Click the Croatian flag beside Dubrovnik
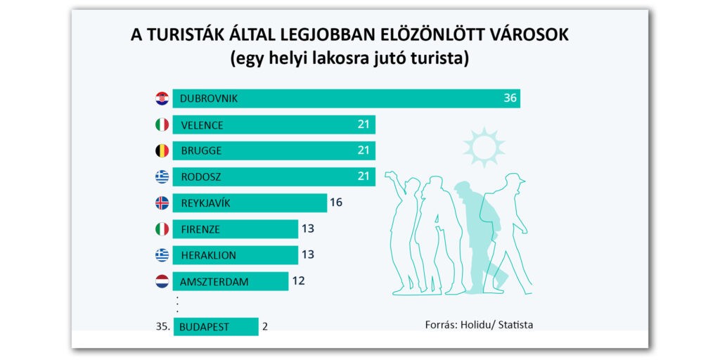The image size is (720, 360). point(162,98)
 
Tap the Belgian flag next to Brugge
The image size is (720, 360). point(162,150)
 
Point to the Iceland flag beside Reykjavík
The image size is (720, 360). point(162,203)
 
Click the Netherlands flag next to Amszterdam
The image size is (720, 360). point(162,282)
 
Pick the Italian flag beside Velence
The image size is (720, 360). point(162,125)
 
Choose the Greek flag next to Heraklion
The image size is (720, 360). point(162,255)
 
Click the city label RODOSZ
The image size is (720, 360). point(201,177)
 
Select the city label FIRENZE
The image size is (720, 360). point(200,229)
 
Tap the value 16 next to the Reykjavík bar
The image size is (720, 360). point(336,203)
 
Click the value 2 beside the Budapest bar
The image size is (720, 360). point(264,326)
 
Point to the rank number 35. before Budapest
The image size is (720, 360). point(163,326)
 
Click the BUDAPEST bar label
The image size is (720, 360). point(204,327)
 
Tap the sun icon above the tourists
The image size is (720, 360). point(484,147)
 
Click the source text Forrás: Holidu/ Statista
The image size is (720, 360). point(479,325)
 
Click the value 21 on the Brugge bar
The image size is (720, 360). point(364,150)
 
